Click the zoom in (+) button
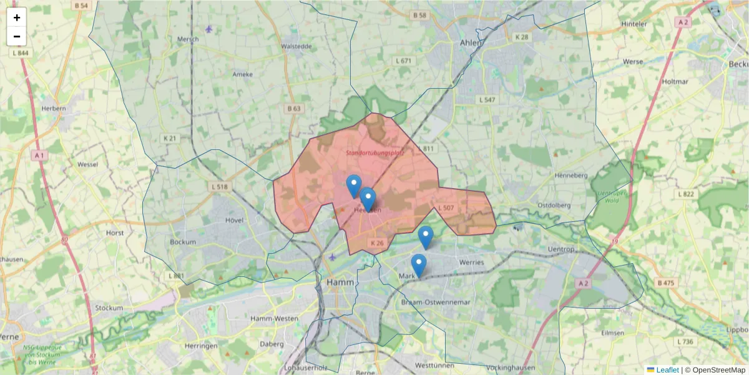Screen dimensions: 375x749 (x=17, y=17)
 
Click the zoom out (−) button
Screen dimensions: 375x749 (x=17, y=36)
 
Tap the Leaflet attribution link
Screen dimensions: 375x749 (x=667, y=370)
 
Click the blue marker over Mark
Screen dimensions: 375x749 (x=418, y=265)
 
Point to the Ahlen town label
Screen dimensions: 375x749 (x=471, y=43)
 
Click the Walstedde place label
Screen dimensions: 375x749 (x=296, y=46)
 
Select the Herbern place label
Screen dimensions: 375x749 (x=54, y=108)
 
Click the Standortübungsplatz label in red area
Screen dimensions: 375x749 (x=375, y=152)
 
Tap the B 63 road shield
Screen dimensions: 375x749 (x=293, y=109)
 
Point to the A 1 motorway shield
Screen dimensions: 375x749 (x=39, y=155)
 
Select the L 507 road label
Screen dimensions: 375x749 (x=446, y=207)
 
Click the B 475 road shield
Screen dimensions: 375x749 (x=665, y=283)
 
